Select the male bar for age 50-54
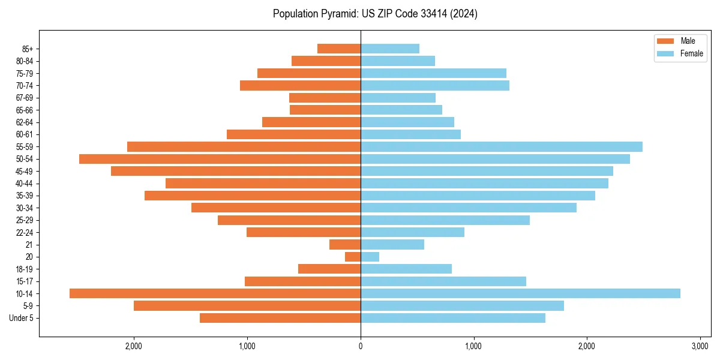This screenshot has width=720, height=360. click(x=220, y=159)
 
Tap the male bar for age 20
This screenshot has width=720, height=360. click(x=353, y=257)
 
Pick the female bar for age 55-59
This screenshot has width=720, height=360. click(x=502, y=146)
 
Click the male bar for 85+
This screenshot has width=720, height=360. click(x=339, y=49)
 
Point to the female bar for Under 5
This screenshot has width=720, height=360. click(x=453, y=318)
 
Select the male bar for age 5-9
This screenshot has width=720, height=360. click(x=247, y=305)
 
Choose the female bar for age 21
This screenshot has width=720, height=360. click(x=392, y=244)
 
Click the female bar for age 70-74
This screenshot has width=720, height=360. click(x=435, y=85)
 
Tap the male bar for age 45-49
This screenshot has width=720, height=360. click(x=236, y=171)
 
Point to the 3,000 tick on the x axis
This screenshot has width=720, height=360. click(x=700, y=346)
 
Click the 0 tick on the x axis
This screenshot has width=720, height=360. click(x=361, y=346)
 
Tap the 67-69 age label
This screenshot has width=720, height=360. click(x=25, y=98)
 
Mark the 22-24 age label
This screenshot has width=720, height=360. click(x=25, y=232)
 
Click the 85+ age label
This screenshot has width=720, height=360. click(x=28, y=49)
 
